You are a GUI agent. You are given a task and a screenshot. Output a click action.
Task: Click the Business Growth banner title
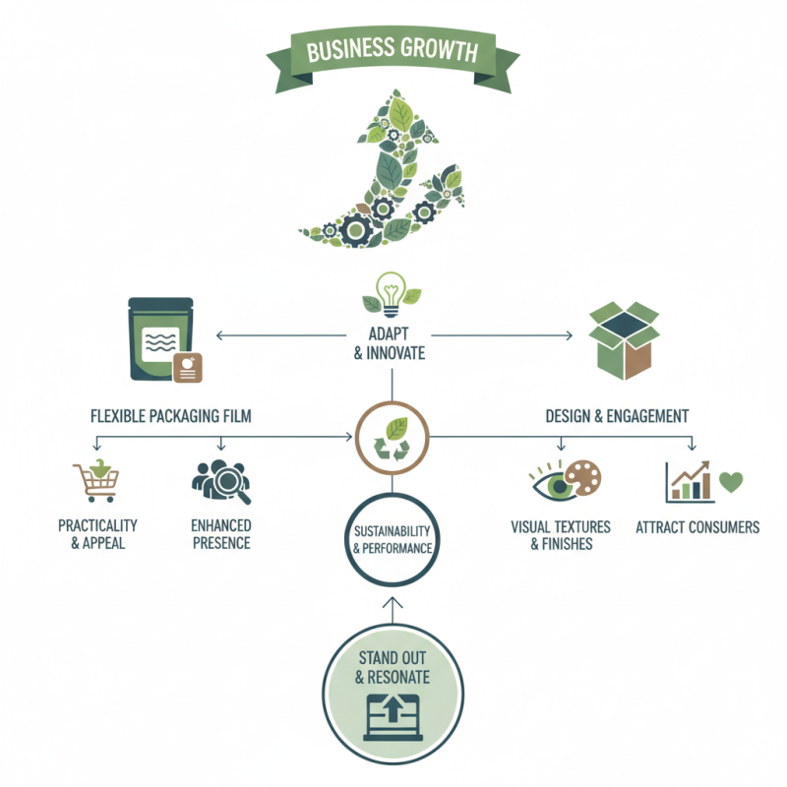click(x=393, y=50)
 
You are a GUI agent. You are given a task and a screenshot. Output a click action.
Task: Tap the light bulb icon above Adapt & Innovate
click(x=392, y=292)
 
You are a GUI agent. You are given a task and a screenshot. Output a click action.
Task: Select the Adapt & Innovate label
click(x=390, y=343)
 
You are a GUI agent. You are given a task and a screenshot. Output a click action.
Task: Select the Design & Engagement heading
click(x=617, y=416)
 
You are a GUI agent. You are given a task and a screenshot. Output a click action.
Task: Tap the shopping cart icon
click(x=96, y=481)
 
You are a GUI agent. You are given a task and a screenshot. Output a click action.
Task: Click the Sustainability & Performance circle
click(x=392, y=539)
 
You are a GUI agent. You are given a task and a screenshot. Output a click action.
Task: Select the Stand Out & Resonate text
click(x=392, y=667)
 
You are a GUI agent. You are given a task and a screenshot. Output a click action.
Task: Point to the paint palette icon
click(x=582, y=476)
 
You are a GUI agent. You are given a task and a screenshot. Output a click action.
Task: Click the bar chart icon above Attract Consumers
click(x=690, y=481)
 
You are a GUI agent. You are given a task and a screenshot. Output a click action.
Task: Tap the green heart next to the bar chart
click(x=731, y=482)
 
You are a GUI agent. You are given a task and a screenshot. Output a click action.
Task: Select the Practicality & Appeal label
click(x=97, y=534)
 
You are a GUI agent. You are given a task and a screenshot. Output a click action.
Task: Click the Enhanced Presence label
click(x=220, y=534)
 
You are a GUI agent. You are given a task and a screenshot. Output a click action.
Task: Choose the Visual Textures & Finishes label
click(x=561, y=535)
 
